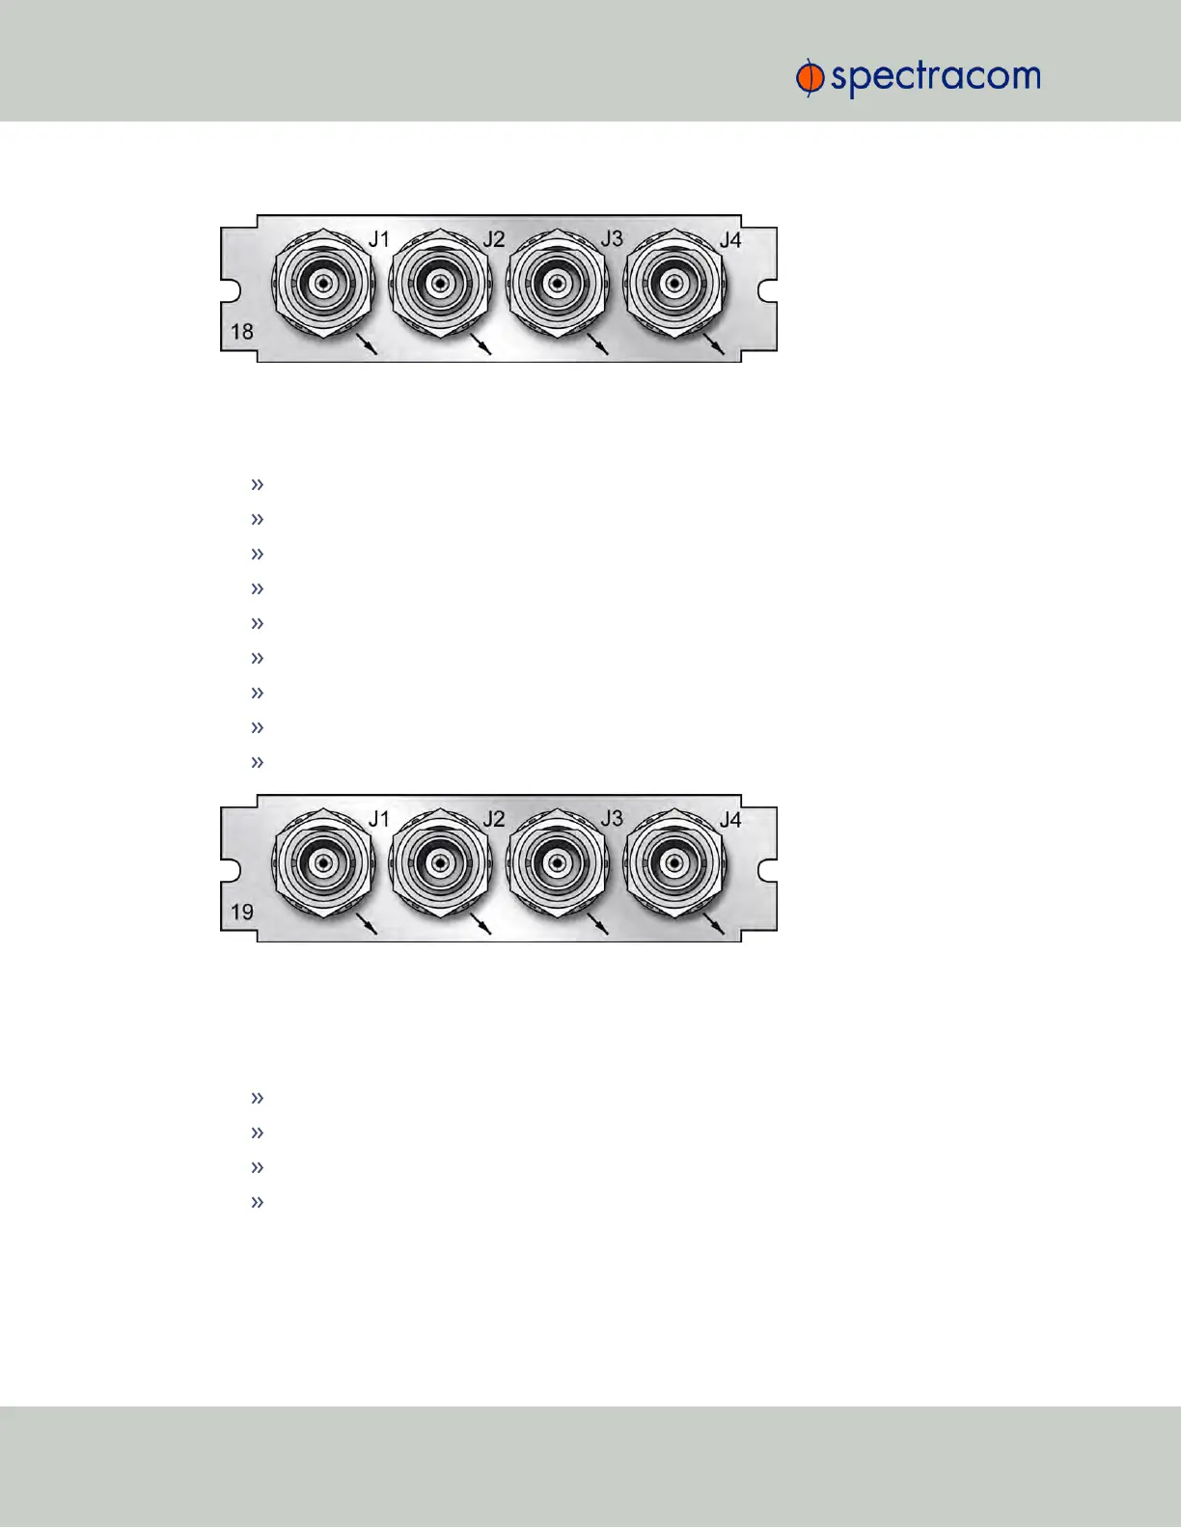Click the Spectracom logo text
pos(934,78)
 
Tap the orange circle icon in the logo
pos(810,78)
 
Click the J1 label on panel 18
pos(379,238)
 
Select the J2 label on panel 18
pos(494,238)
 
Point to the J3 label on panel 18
pos(612,238)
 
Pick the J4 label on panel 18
pos(730,238)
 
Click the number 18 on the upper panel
pos(242,332)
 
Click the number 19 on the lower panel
pos(242,912)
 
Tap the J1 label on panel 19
pos(379,819)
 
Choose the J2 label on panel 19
pos(494,819)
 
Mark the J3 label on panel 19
pos(612,819)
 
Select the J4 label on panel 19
pos(730,819)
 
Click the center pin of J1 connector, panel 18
pos(323,284)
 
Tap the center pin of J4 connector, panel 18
pos(673,284)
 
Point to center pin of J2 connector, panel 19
pos(440,861)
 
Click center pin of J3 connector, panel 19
pos(556,861)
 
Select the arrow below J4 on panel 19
pos(714,924)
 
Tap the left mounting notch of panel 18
pos(229,288)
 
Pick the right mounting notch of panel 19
pos(768,869)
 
